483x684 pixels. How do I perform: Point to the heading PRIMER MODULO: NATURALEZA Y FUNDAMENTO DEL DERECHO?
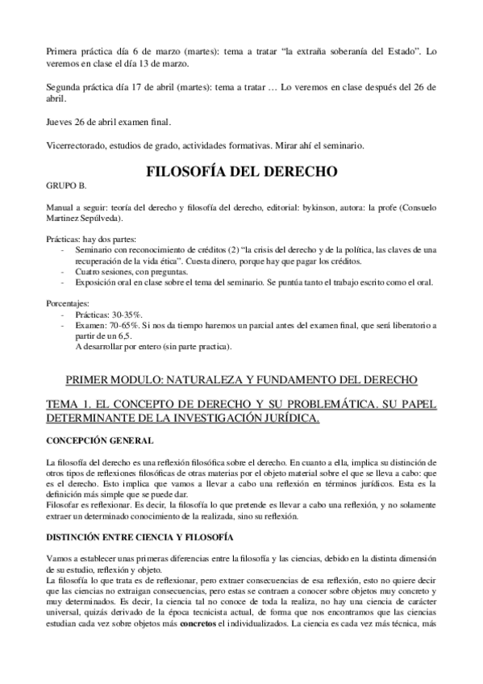240,378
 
